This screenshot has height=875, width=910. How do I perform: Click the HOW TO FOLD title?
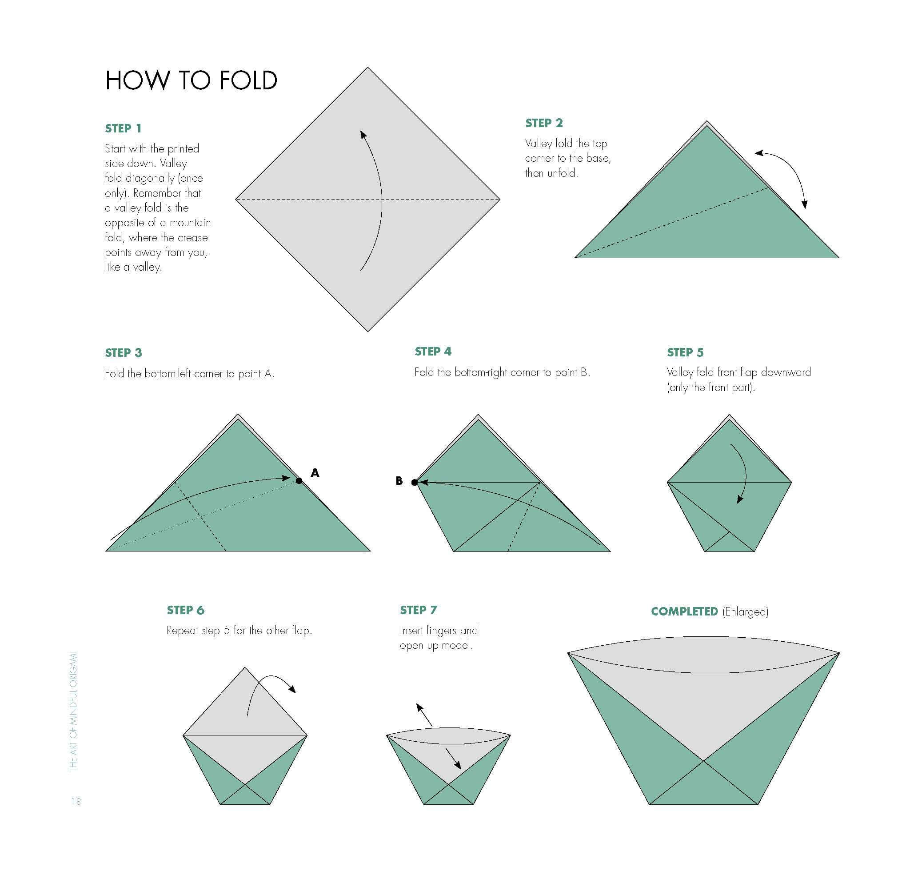point(191,80)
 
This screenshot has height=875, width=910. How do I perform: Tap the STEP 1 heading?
point(123,128)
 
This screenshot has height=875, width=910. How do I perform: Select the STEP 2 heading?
point(544,123)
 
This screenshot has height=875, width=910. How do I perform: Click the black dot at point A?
point(299,481)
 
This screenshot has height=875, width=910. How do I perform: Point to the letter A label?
point(315,473)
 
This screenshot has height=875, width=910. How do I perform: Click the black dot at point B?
point(414,483)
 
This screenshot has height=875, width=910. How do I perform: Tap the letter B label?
point(399,481)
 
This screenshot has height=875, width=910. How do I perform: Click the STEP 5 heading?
point(685,352)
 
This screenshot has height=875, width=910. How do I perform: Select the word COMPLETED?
point(684,611)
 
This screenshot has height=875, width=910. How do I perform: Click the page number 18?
point(76,801)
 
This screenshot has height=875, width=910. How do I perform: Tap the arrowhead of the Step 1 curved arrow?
point(363,134)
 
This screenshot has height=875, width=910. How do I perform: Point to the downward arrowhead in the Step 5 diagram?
point(740,499)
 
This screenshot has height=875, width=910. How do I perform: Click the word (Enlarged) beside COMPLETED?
point(745,611)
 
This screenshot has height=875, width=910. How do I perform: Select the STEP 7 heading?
point(418,610)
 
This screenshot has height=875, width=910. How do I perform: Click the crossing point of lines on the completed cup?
point(703,761)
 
